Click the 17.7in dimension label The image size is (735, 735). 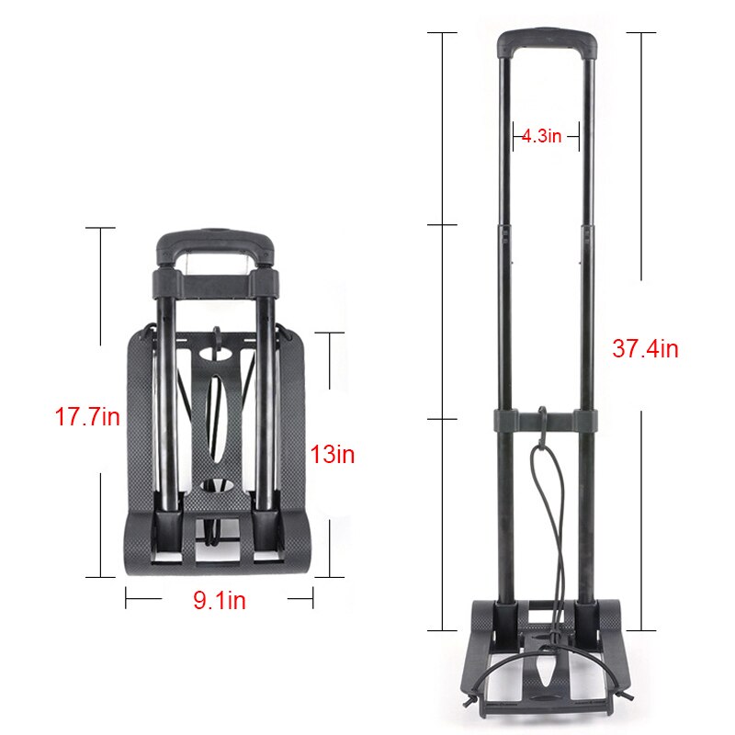coord(86,417)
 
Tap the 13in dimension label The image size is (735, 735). coord(333,454)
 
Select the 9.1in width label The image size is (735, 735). coord(219,601)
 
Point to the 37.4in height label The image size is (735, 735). coord(645,349)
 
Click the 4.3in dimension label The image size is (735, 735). coord(541,136)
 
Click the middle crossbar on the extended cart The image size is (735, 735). coord(546,420)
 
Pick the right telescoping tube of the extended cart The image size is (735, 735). coord(586,276)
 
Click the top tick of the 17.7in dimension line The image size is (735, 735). coord(100,228)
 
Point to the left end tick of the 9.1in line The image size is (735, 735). coord(126,600)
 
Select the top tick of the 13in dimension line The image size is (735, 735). coord(330,333)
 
